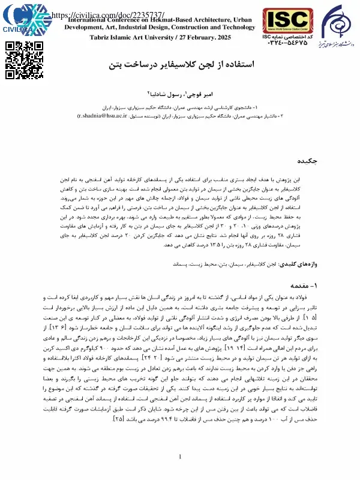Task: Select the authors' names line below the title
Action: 180,94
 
